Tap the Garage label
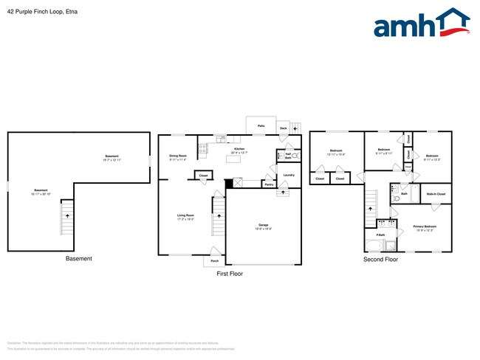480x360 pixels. (263, 225)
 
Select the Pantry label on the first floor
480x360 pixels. (269, 184)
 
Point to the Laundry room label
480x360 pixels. (289, 175)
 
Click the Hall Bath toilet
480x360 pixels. (295, 156)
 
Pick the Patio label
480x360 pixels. (261, 126)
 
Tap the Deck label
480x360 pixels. (283, 128)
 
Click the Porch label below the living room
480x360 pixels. (214, 261)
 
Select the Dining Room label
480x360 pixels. (178, 156)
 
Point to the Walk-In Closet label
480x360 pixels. (436, 194)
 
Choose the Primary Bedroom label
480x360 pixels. (424, 226)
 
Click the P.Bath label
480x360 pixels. (380, 236)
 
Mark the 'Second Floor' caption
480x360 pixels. (380, 260)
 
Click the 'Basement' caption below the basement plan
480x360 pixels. (79, 258)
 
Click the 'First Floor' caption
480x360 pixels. (229, 274)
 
